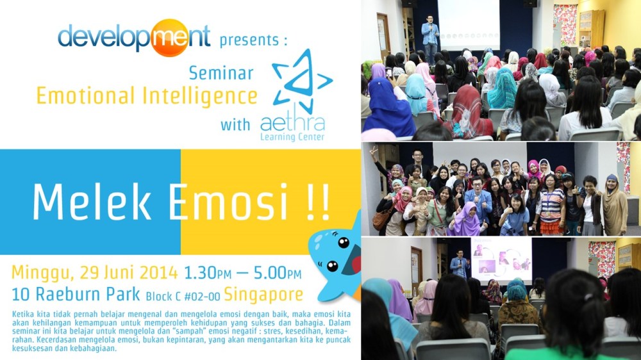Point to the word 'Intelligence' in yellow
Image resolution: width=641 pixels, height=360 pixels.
pos(199,96)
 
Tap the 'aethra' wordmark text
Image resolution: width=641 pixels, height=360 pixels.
pos(292,122)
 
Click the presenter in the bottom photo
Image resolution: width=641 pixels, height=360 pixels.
pos(459,264)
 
